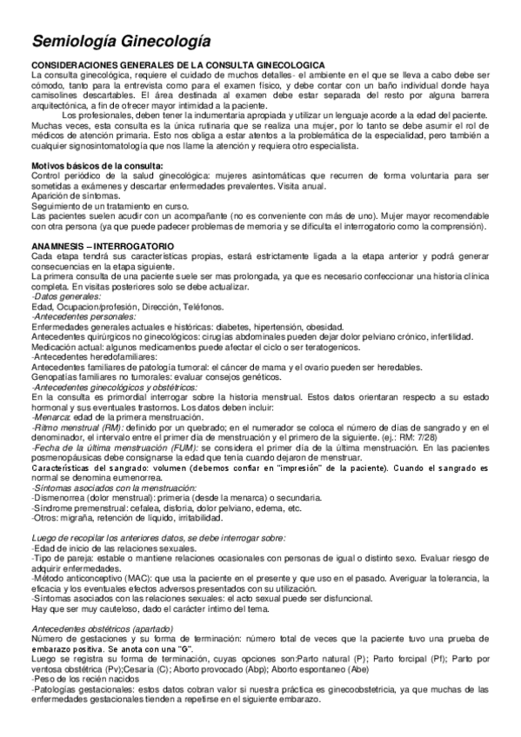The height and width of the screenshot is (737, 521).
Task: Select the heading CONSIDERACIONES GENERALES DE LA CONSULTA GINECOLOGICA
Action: [x=178, y=65]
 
